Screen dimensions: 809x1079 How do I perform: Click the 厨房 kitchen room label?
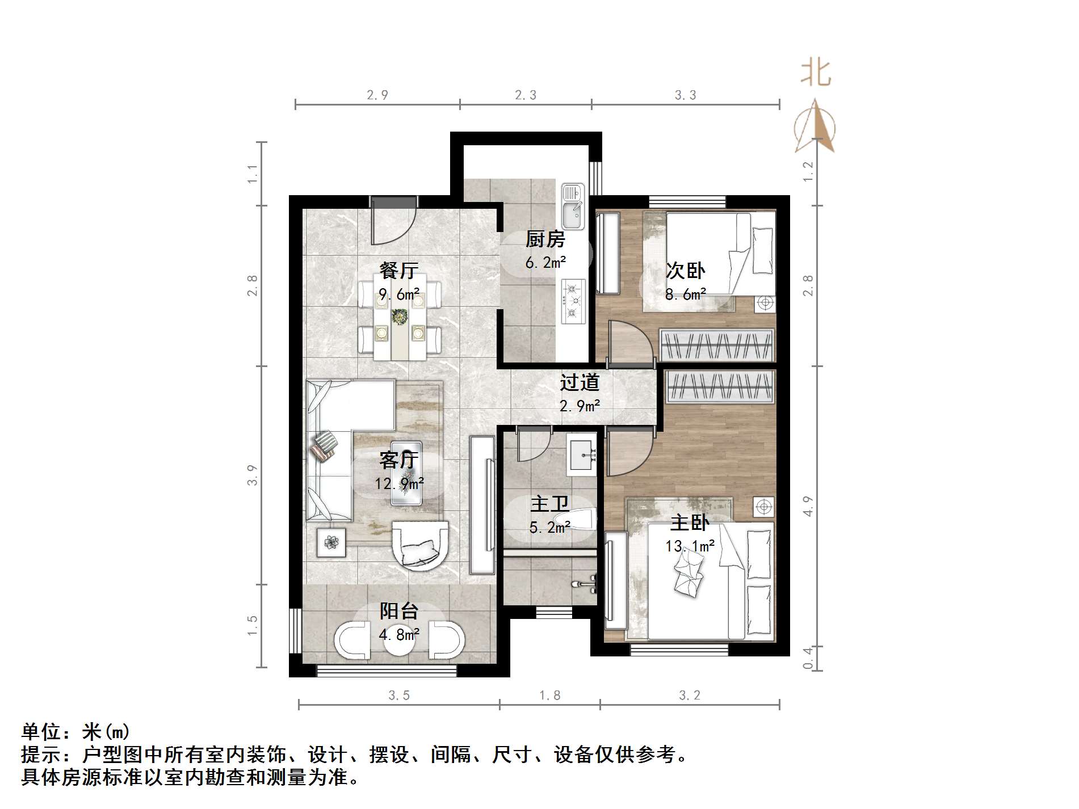click(x=545, y=239)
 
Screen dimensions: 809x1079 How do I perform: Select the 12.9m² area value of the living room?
click(x=399, y=484)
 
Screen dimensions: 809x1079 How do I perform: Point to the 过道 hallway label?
click(x=580, y=383)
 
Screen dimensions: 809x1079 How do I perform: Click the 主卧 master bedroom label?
click(x=690, y=523)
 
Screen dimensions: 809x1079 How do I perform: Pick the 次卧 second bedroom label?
click(x=685, y=271)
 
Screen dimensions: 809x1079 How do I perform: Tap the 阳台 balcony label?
click(x=399, y=611)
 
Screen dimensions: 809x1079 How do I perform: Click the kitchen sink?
click(x=572, y=207)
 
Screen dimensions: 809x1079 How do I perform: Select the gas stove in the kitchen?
click(x=573, y=301)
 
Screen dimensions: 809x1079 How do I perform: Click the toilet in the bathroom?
click(x=576, y=520)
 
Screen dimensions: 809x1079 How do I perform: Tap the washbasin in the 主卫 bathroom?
click(x=581, y=456)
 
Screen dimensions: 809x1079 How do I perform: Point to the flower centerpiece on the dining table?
click(x=400, y=317)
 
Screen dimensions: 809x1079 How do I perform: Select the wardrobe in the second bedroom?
click(x=717, y=345)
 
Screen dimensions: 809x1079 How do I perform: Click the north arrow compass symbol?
click(x=815, y=127)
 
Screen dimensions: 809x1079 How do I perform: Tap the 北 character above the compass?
click(x=816, y=74)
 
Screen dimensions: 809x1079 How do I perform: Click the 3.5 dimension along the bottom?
click(x=399, y=696)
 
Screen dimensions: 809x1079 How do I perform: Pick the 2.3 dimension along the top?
click(x=525, y=95)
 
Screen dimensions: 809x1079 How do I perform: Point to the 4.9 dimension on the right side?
click(x=808, y=506)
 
